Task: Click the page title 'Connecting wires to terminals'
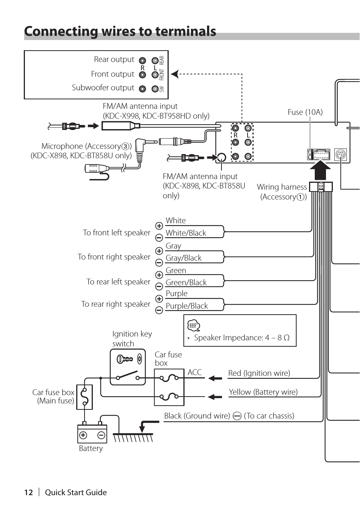(120, 31)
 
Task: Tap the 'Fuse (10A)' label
(305, 112)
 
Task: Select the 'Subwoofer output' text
(103, 88)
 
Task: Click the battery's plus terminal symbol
(83, 435)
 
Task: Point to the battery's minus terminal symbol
(101, 435)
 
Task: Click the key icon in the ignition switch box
(124, 359)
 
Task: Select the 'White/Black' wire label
(186, 233)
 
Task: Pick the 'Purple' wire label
(176, 293)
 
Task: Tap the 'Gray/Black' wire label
(183, 258)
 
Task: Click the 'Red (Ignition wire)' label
(259, 373)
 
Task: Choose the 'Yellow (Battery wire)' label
(263, 392)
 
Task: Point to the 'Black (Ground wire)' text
(197, 416)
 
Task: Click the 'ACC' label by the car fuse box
(195, 372)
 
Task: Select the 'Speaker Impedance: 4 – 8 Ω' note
(242, 338)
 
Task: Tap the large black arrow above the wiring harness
(320, 170)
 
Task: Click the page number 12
(29, 493)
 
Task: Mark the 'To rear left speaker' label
(118, 282)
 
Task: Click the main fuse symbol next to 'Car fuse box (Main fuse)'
(85, 397)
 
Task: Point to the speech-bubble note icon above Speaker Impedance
(194, 325)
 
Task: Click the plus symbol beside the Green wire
(159, 275)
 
